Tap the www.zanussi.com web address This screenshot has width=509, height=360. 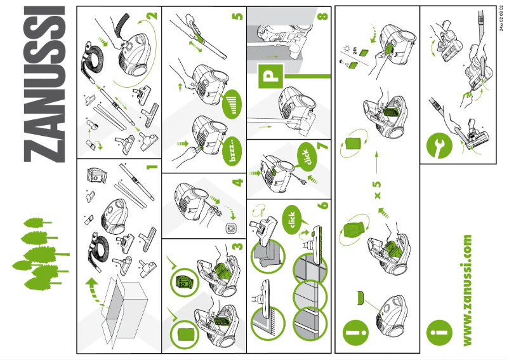click(468, 290)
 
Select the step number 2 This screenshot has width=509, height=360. click(151, 16)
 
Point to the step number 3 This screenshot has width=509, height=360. click(237, 246)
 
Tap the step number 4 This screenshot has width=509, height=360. click(237, 182)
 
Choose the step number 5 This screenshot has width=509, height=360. click(237, 16)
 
